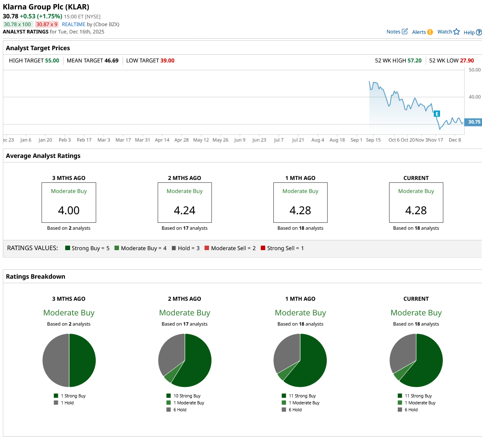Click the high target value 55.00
52,60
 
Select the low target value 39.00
167,60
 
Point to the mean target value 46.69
111,60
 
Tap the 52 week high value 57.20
414,60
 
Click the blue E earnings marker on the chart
437,114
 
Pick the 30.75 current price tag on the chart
474,122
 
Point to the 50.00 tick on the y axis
475,70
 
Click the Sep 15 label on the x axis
373,140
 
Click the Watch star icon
456,32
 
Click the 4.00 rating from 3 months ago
69,211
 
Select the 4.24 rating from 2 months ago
185,211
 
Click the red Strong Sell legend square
263,248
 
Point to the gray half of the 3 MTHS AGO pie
56,360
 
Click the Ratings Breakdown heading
35,277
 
